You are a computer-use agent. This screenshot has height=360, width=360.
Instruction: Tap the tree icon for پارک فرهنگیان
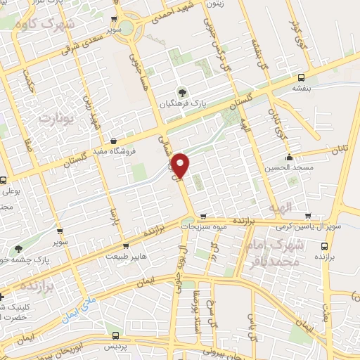coord(183,91)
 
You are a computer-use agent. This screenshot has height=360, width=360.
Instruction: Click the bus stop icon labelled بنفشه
coord(302,78)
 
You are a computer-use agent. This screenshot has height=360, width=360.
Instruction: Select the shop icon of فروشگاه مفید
coord(114,140)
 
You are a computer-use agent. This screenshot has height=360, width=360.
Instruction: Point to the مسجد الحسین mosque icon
coord(289,157)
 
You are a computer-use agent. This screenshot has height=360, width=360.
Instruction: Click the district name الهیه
coord(278,209)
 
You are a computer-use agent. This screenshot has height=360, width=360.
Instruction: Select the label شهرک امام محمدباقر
coord(274,253)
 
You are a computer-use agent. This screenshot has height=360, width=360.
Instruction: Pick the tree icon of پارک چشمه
coord(18,248)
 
